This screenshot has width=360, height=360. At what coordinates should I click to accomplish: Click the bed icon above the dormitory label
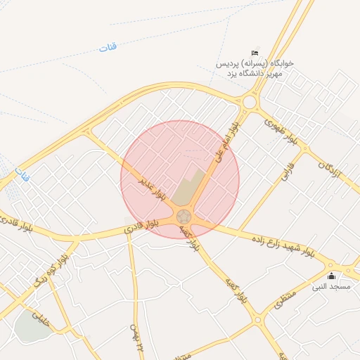click(x=255, y=53)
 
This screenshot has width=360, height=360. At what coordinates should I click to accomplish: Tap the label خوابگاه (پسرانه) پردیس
click(x=255, y=63)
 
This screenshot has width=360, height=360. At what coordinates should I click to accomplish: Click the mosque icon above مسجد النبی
click(x=331, y=276)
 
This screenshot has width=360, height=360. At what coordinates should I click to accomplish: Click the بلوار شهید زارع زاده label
click(x=282, y=241)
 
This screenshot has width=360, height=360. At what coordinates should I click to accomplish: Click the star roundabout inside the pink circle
click(x=184, y=216)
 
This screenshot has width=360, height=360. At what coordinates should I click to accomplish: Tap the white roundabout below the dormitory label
click(x=250, y=103)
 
